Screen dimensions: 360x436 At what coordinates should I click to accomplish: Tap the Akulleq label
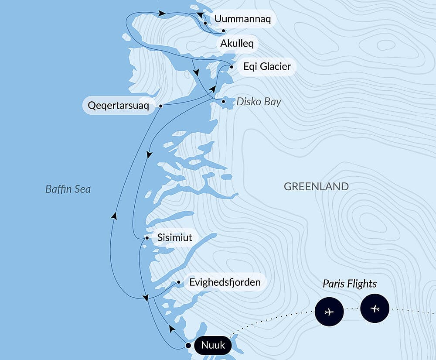point(237,44)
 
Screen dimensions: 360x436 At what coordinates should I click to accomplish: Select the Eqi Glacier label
point(267,67)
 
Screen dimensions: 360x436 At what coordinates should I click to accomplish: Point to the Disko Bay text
point(259,102)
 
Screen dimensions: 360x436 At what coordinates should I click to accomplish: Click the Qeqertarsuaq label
point(119,106)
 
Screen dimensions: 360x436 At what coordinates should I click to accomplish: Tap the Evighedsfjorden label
point(225,282)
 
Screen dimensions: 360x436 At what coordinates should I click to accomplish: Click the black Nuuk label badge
point(213,346)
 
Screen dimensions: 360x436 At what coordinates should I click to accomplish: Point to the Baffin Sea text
point(68,189)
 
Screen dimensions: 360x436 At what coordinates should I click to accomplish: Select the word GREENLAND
point(316,187)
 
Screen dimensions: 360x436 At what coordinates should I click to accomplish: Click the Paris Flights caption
point(350,284)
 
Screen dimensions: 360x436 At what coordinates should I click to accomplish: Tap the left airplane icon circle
point(329,312)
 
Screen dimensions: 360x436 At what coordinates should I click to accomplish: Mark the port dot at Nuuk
point(188,346)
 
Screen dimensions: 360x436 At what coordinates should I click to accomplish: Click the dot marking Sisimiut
point(147,238)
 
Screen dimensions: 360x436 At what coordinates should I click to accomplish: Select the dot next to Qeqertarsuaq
point(161,106)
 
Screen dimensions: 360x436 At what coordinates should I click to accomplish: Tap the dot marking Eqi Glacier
point(232,67)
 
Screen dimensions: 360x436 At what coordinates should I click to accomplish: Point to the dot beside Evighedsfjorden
point(179,282)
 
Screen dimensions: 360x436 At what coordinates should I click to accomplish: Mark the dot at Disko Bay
point(224,102)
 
